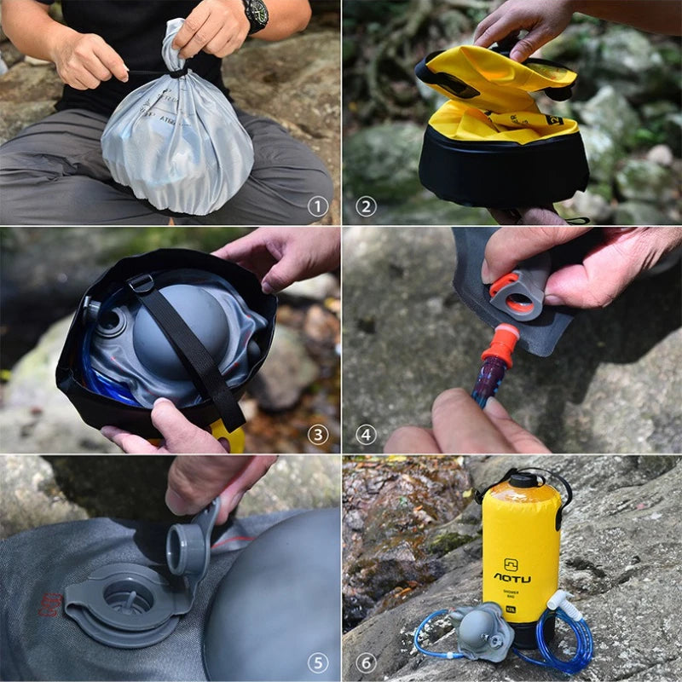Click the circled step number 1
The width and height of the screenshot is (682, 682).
click(x=318, y=206)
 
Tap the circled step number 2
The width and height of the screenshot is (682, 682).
click(x=366, y=206)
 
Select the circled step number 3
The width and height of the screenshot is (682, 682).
click(x=318, y=435)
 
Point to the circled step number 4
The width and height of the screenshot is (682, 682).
click(x=366, y=435)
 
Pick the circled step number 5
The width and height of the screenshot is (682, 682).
click(x=318, y=662)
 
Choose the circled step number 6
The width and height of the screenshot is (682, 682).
click(x=366, y=662)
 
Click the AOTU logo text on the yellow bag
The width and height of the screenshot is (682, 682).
click(x=511, y=577)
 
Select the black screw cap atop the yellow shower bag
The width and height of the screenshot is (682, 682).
click(x=522, y=480)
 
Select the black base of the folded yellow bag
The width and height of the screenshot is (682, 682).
click(x=503, y=175)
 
